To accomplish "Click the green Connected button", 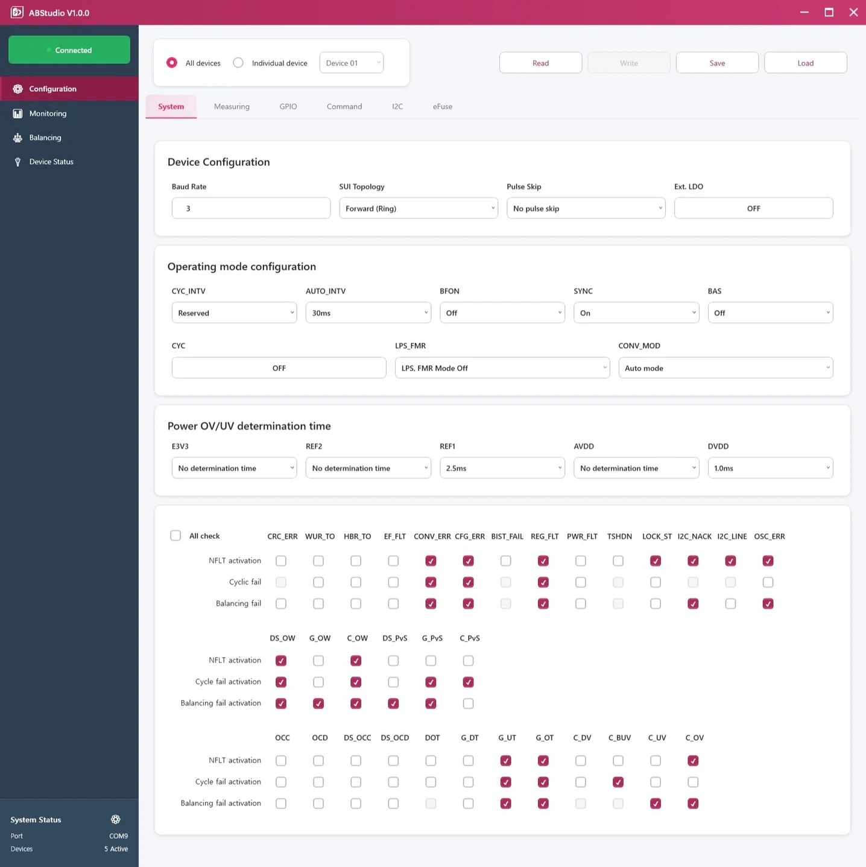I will tap(69, 49).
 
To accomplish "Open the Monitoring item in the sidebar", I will tap(48, 113).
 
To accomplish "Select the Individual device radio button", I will tap(238, 63).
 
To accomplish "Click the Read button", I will tap(540, 63).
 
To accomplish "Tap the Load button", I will tap(805, 63).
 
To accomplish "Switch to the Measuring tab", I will tap(232, 107).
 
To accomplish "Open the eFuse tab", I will tap(442, 107).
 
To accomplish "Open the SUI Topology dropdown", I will tap(419, 208).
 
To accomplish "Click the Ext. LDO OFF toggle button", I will tap(753, 208).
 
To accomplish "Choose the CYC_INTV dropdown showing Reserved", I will tap(234, 313).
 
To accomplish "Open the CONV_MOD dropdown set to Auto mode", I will tap(725, 368).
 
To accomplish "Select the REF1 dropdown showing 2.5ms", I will tap(502, 468).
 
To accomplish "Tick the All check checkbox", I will tap(175, 536).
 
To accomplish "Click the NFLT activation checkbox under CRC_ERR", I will tap(281, 561).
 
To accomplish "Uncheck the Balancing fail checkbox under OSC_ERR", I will tap(768, 603).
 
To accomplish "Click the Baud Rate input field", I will tap(251, 208).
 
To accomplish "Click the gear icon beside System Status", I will tap(116, 819).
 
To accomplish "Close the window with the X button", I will tap(853, 12).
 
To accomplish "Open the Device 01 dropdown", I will tap(352, 63).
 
